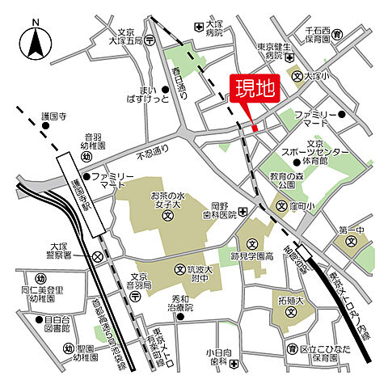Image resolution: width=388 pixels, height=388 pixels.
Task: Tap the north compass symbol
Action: click(x=35, y=43)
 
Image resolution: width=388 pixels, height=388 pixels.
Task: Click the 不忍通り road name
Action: click(x=154, y=149)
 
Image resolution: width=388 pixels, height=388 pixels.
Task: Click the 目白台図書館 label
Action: click(x=57, y=325)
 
